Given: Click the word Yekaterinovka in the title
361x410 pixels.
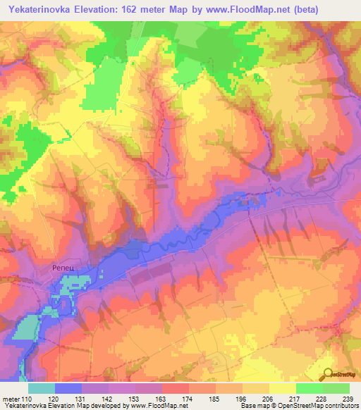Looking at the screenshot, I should tap(38, 10).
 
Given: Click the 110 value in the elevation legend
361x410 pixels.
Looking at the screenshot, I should tap(26, 399).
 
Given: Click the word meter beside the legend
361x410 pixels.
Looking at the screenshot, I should tap(10, 399).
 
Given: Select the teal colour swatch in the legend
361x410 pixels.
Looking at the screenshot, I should tap(42, 388).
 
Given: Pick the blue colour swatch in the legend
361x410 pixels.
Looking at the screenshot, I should tap(68, 388).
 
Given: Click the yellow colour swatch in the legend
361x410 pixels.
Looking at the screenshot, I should tap(282, 388).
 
